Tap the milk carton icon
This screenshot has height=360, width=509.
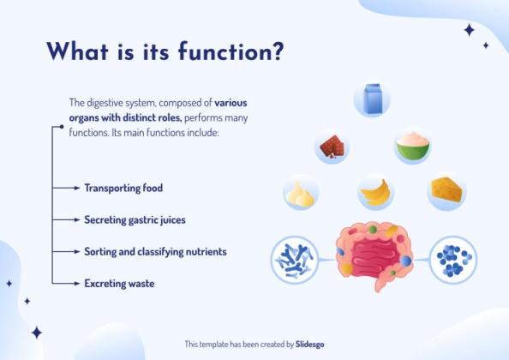[372, 99]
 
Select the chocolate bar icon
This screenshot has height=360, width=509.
[332, 147]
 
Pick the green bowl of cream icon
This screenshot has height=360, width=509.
[411, 146]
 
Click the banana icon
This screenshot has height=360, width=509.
[374, 193]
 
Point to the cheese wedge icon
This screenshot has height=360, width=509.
[446, 191]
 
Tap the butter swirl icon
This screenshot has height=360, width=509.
[301, 194]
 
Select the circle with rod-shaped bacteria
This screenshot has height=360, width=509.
[294, 260]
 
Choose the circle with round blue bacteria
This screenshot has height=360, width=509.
[452, 259]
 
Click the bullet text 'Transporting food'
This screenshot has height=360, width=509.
[123, 188]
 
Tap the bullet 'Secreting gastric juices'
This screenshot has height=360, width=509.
[135, 220]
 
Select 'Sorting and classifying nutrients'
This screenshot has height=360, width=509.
[155, 252]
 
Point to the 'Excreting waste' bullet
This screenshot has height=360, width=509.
[119, 283]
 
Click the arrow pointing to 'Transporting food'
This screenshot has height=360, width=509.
[69, 188]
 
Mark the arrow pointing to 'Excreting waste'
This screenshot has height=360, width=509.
[69, 283]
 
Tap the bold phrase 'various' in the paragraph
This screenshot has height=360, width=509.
[231, 102]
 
